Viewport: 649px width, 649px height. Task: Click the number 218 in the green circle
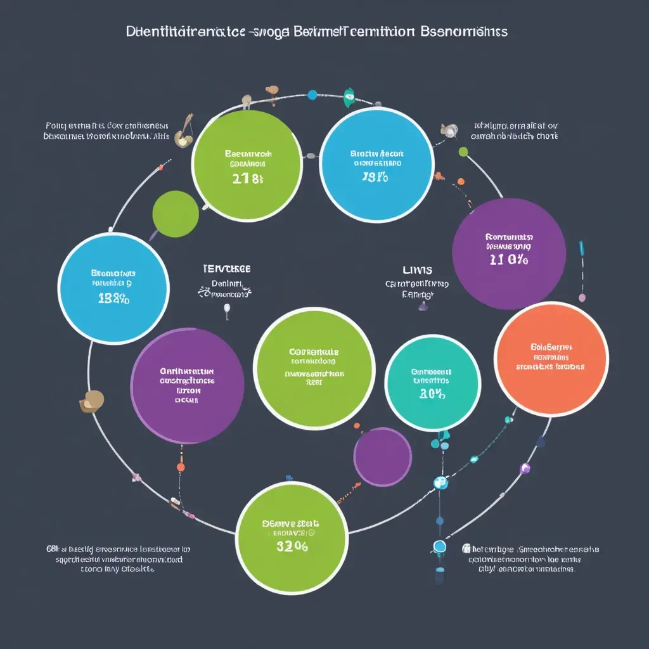pyautogui.click(x=247, y=178)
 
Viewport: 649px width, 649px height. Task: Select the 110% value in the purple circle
pyautogui.click(x=509, y=259)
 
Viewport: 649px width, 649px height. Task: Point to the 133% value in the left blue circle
pyautogui.click(x=114, y=299)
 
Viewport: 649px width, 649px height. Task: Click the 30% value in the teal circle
pyautogui.click(x=432, y=394)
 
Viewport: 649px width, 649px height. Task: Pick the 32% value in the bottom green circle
pyautogui.click(x=292, y=547)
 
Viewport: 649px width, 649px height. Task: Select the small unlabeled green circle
pyautogui.click(x=176, y=214)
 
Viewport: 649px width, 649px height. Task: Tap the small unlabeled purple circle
pyautogui.click(x=382, y=457)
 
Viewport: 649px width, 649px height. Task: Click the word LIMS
pyautogui.click(x=418, y=270)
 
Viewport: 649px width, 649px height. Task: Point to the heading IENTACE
pyautogui.click(x=226, y=269)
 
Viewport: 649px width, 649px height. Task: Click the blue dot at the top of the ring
pyautogui.click(x=312, y=95)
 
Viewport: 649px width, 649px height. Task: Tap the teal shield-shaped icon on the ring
pyautogui.click(x=349, y=97)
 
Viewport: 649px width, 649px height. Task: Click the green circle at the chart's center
pyautogui.click(x=314, y=367)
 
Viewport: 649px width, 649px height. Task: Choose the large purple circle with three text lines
pyautogui.click(x=187, y=385)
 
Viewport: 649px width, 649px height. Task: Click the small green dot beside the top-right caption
pyautogui.click(x=463, y=151)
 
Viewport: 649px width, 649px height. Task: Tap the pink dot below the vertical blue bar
pyautogui.click(x=582, y=297)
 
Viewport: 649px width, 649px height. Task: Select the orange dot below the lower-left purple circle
pyautogui.click(x=181, y=467)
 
